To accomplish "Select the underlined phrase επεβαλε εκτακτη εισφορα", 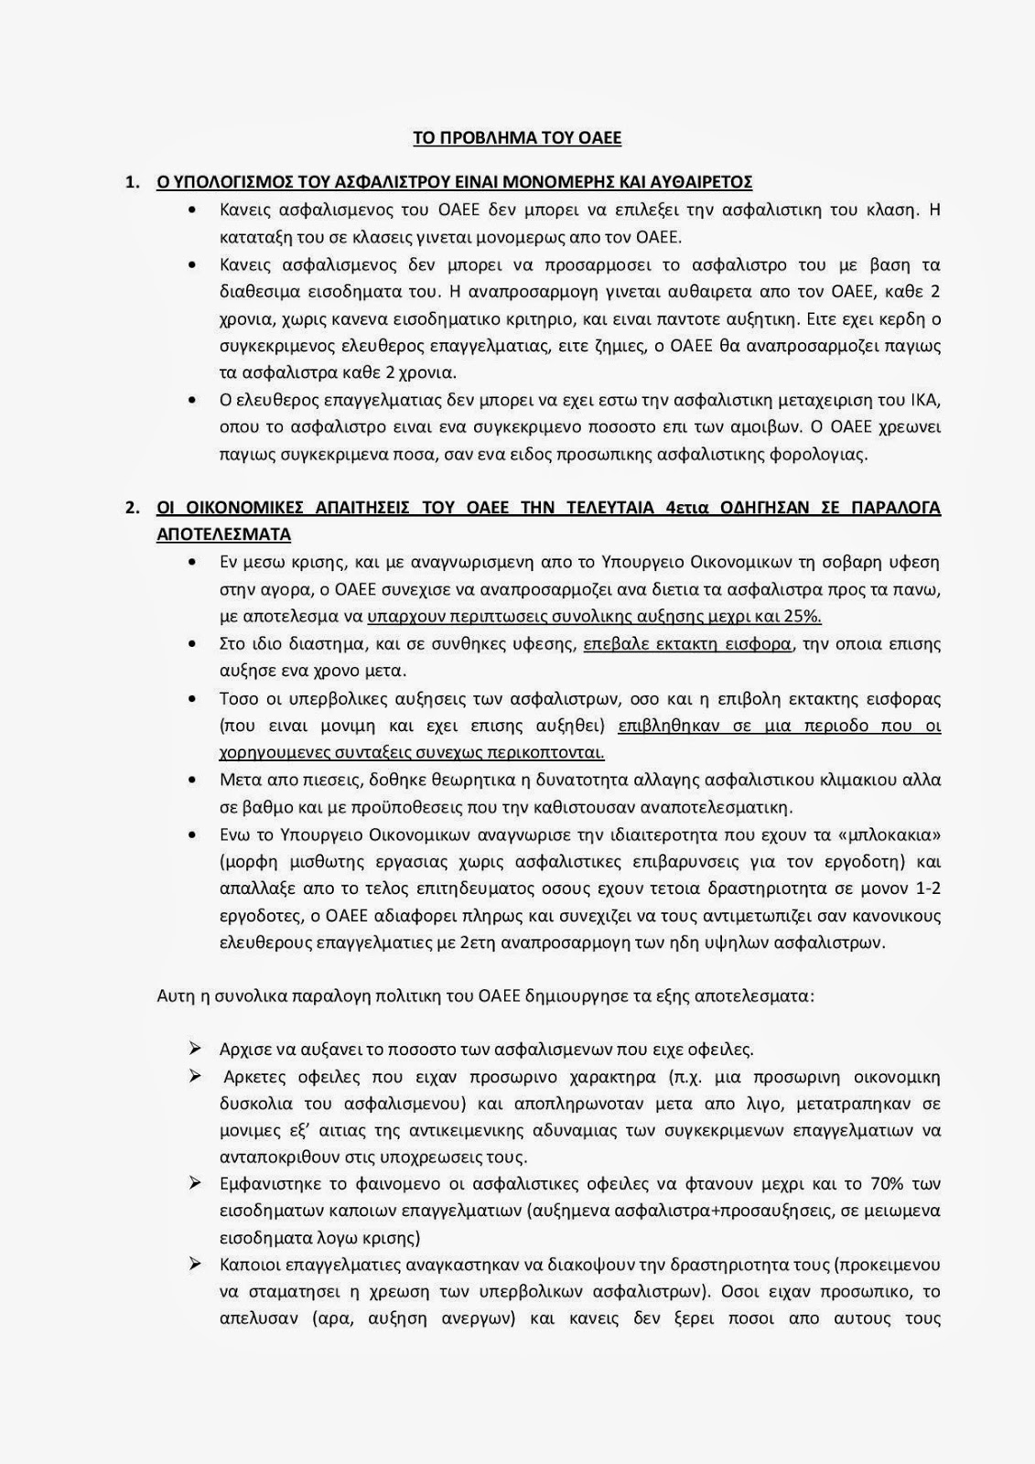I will [x=688, y=643].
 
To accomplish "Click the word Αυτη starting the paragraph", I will [x=176, y=995].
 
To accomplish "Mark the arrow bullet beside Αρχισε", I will [x=194, y=1049].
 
